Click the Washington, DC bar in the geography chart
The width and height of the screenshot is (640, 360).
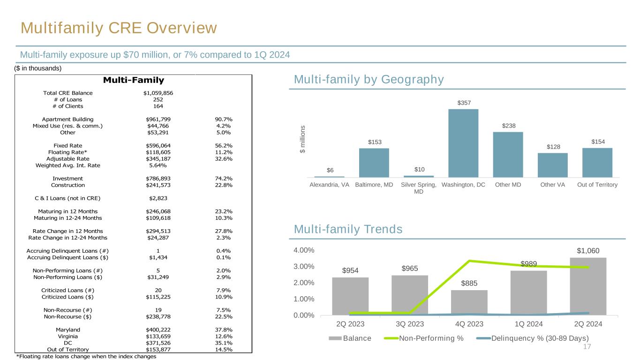[x=463, y=143]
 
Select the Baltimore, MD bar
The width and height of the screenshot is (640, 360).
[x=374, y=163]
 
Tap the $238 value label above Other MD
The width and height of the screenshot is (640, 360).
[x=508, y=126]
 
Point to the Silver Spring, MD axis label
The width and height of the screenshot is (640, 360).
[x=419, y=188]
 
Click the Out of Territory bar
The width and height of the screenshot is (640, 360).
[x=597, y=162]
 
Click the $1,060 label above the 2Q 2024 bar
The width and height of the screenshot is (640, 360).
[x=588, y=251]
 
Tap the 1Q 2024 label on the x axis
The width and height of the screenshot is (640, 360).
[x=529, y=324]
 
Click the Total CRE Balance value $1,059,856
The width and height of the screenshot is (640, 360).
[x=158, y=93]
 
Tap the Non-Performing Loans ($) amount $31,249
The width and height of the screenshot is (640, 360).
[x=158, y=277]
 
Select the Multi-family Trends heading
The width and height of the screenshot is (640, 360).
[x=348, y=229]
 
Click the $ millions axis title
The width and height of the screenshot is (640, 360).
[x=302, y=139]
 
